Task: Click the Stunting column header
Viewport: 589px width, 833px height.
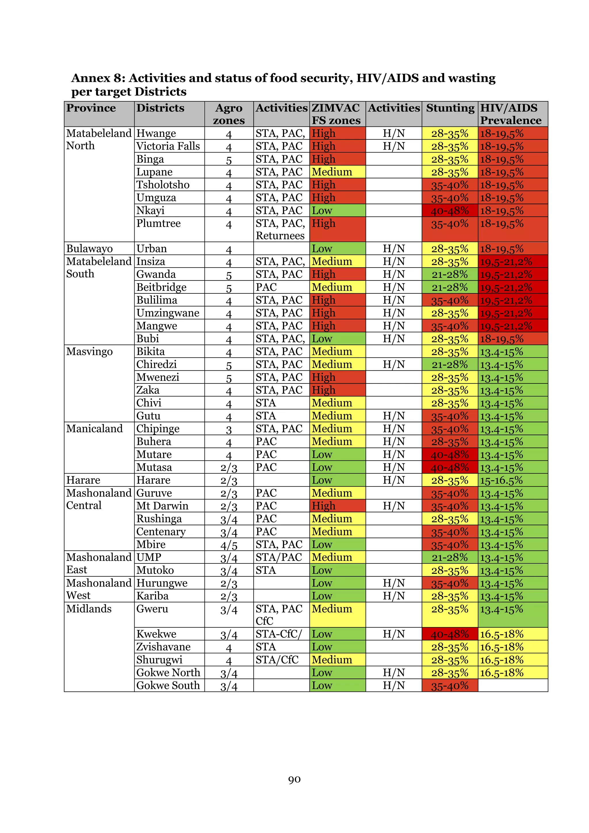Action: coord(450,108)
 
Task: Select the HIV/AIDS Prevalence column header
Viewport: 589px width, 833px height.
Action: coord(511,114)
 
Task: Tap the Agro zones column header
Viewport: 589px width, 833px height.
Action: coord(229,114)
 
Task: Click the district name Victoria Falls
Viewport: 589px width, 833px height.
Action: coord(168,146)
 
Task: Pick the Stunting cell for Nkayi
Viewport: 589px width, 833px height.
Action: coord(450,211)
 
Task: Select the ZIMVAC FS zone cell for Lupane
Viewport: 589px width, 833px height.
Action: coord(337,172)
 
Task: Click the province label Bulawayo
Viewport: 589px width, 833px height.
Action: coord(89,249)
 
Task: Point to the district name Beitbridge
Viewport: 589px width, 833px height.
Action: coord(161,287)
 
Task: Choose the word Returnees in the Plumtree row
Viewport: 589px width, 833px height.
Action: coord(280,236)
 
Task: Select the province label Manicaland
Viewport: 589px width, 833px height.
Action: coord(94,429)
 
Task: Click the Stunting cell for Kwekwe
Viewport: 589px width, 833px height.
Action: coord(450,634)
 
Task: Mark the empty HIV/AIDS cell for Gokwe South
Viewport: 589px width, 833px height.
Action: coord(512,685)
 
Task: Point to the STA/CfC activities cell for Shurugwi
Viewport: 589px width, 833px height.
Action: coord(277,660)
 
